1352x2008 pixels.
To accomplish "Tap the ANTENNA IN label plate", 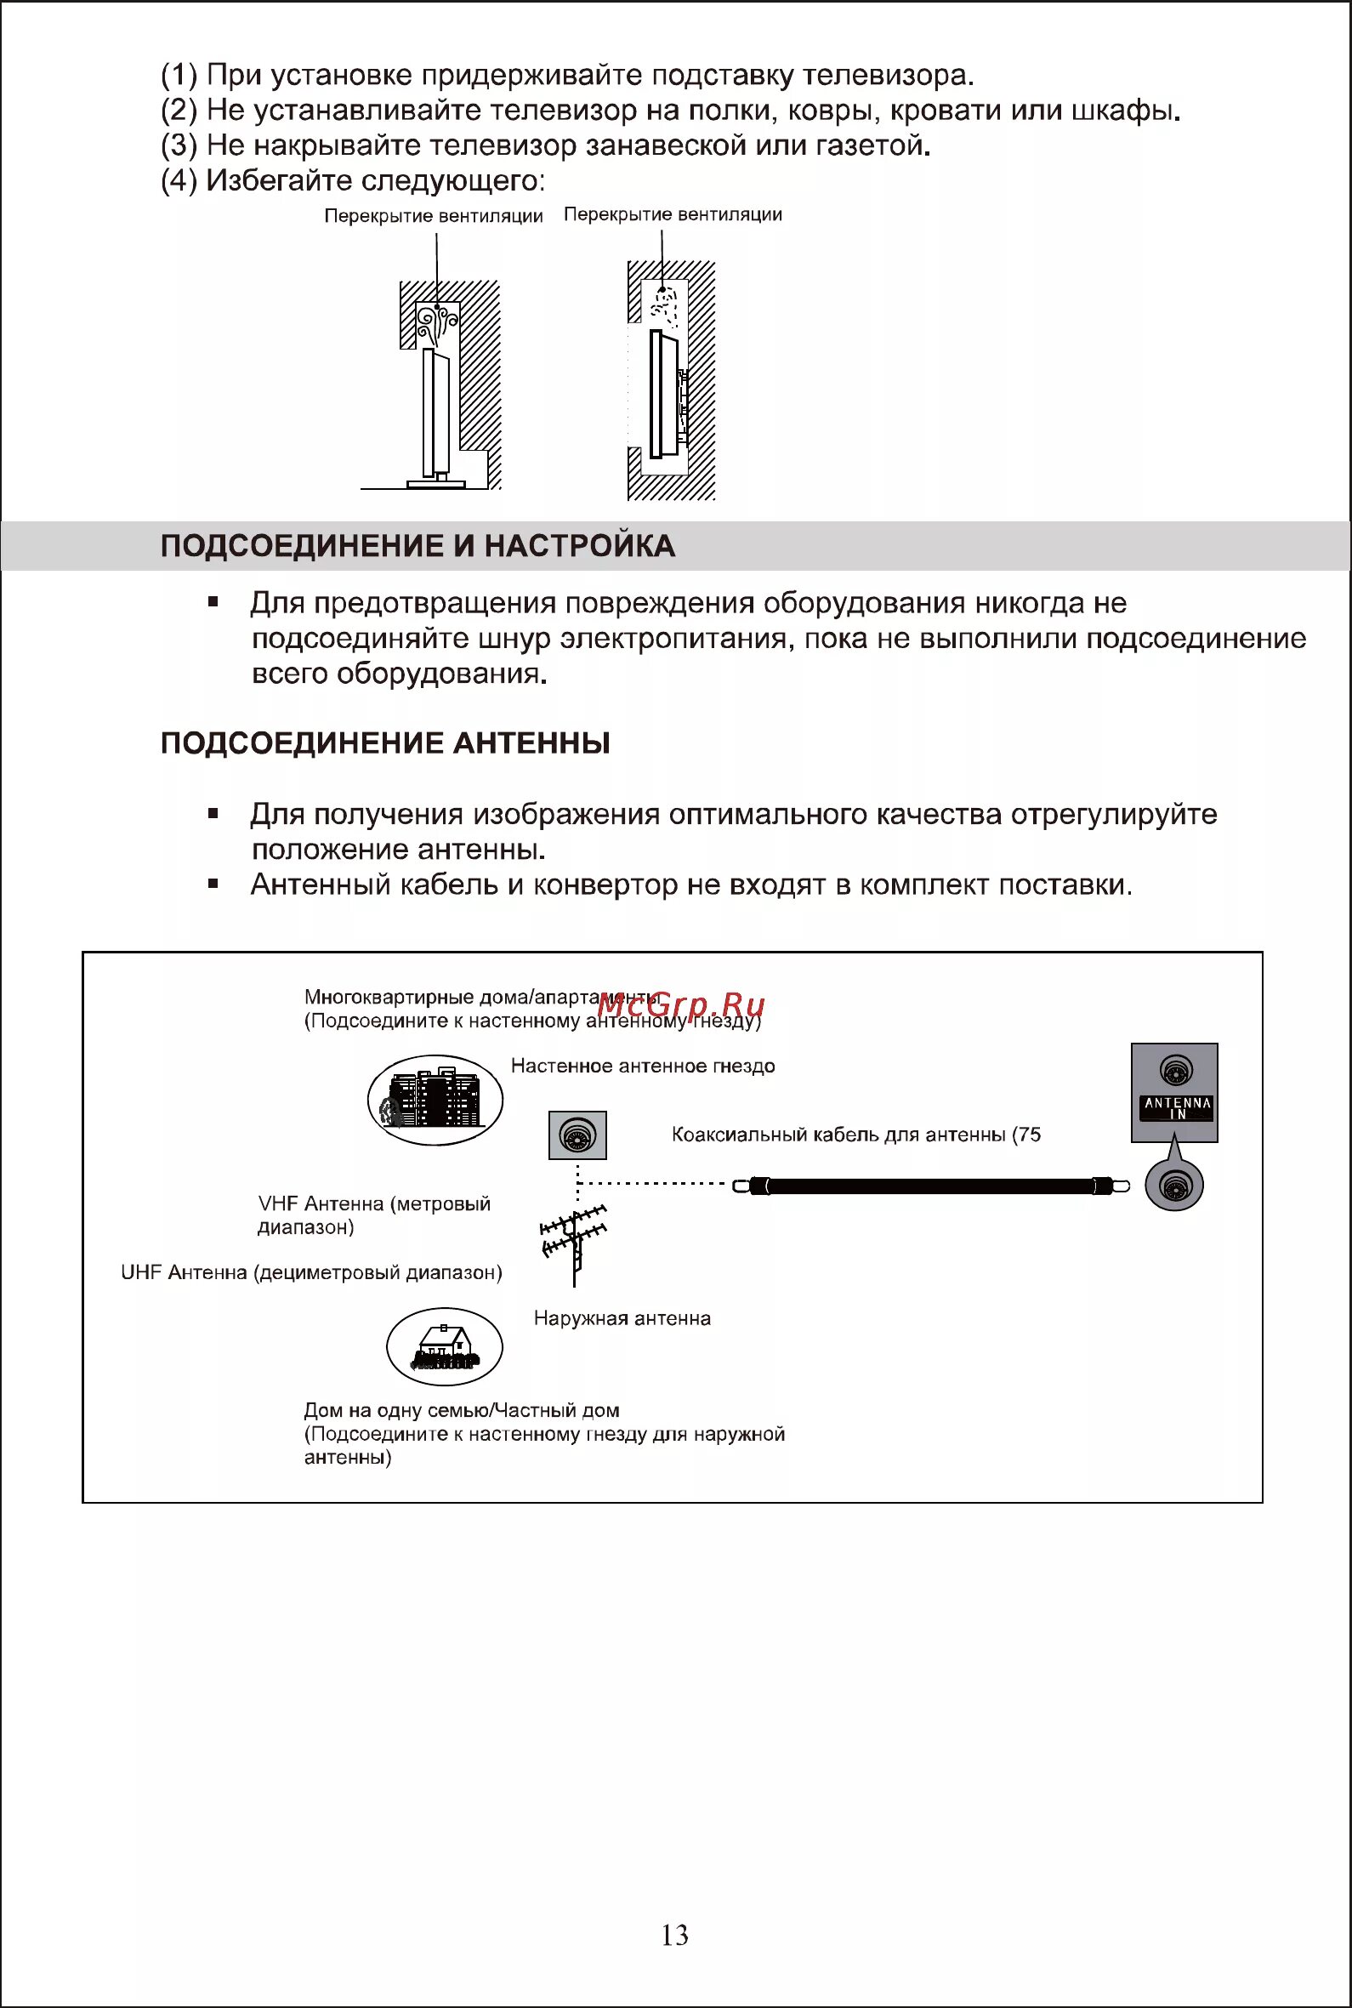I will click(x=1177, y=1108).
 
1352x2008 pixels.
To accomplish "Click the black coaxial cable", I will click(x=931, y=1186).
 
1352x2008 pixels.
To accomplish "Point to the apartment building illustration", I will click(x=435, y=1100).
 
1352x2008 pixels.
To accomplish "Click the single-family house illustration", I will click(x=444, y=1346).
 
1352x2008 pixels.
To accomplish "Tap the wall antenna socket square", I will click(x=577, y=1135).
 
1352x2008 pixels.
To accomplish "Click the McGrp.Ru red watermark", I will click(x=680, y=1004).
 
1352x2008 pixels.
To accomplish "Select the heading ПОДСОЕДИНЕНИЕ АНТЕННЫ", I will click(x=385, y=743).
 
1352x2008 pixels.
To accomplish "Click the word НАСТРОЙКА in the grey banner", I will click(x=579, y=546).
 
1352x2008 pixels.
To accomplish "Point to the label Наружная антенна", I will click(x=622, y=1318).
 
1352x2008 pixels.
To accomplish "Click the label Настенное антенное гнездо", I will click(x=642, y=1066).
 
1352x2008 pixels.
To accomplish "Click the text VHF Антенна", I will click(x=321, y=1203).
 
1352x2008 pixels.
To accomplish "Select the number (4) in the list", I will click(x=179, y=180).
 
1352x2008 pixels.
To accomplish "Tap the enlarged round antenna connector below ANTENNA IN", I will click(x=1173, y=1186).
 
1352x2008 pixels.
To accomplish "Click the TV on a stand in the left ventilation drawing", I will click(x=436, y=414).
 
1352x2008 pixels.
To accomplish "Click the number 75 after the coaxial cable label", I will click(x=1030, y=1135).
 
